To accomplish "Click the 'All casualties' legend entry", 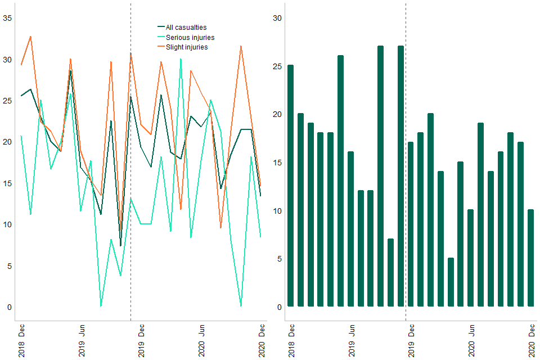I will pyautogui.click(x=186, y=27).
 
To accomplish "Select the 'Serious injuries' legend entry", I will pyautogui.click(x=190, y=37).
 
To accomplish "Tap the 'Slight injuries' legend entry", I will pyautogui.click(x=186, y=47).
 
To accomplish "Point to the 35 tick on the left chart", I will pyautogui.click(x=8, y=18).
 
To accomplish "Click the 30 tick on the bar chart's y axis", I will pyautogui.click(x=277, y=18).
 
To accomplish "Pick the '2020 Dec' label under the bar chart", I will pyautogui.click(x=531, y=341).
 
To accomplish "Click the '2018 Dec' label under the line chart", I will pyautogui.click(x=21, y=341).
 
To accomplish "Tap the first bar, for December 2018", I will pyautogui.click(x=290, y=186).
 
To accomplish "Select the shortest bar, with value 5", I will pyautogui.click(x=451, y=282).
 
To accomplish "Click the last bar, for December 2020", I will pyautogui.click(x=530, y=258).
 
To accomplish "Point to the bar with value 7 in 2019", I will pyautogui.click(x=390, y=273).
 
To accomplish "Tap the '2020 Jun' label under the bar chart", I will pyautogui.click(x=471, y=341).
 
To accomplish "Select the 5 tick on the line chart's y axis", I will pyautogui.click(x=8, y=265).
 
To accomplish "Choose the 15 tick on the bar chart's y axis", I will pyautogui.click(x=277, y=163).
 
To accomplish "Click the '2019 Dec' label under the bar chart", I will pyautogui.click(x=411, y=341).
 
